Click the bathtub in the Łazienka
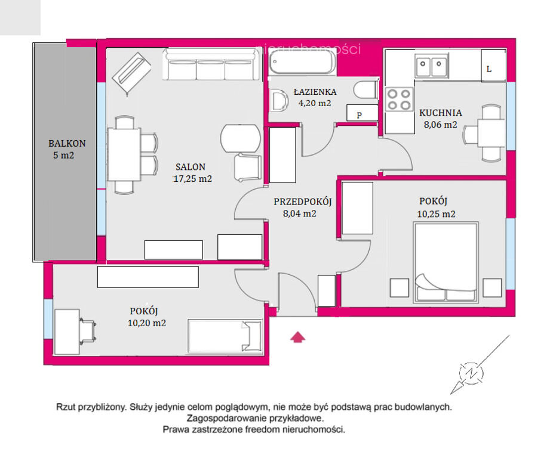point(302,62)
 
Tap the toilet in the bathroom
point(366,90)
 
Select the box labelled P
point(362,113)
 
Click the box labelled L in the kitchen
point(493,66)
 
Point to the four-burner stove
point(399,100)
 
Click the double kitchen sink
point(431,66)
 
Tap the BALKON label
point(67,143)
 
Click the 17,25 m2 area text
point(192,178)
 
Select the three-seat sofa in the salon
point(211,64)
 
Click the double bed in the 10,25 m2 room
point(445,262)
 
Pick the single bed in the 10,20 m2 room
point(225,336)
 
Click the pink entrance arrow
point(297,337)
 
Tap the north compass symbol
point(472,373)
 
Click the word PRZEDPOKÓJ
point(302,202)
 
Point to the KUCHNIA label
point(441,113)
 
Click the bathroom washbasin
point(279,101)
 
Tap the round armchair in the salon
point(241,138)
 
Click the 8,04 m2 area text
point(300,213)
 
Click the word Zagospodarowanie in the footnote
point(228,418)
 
